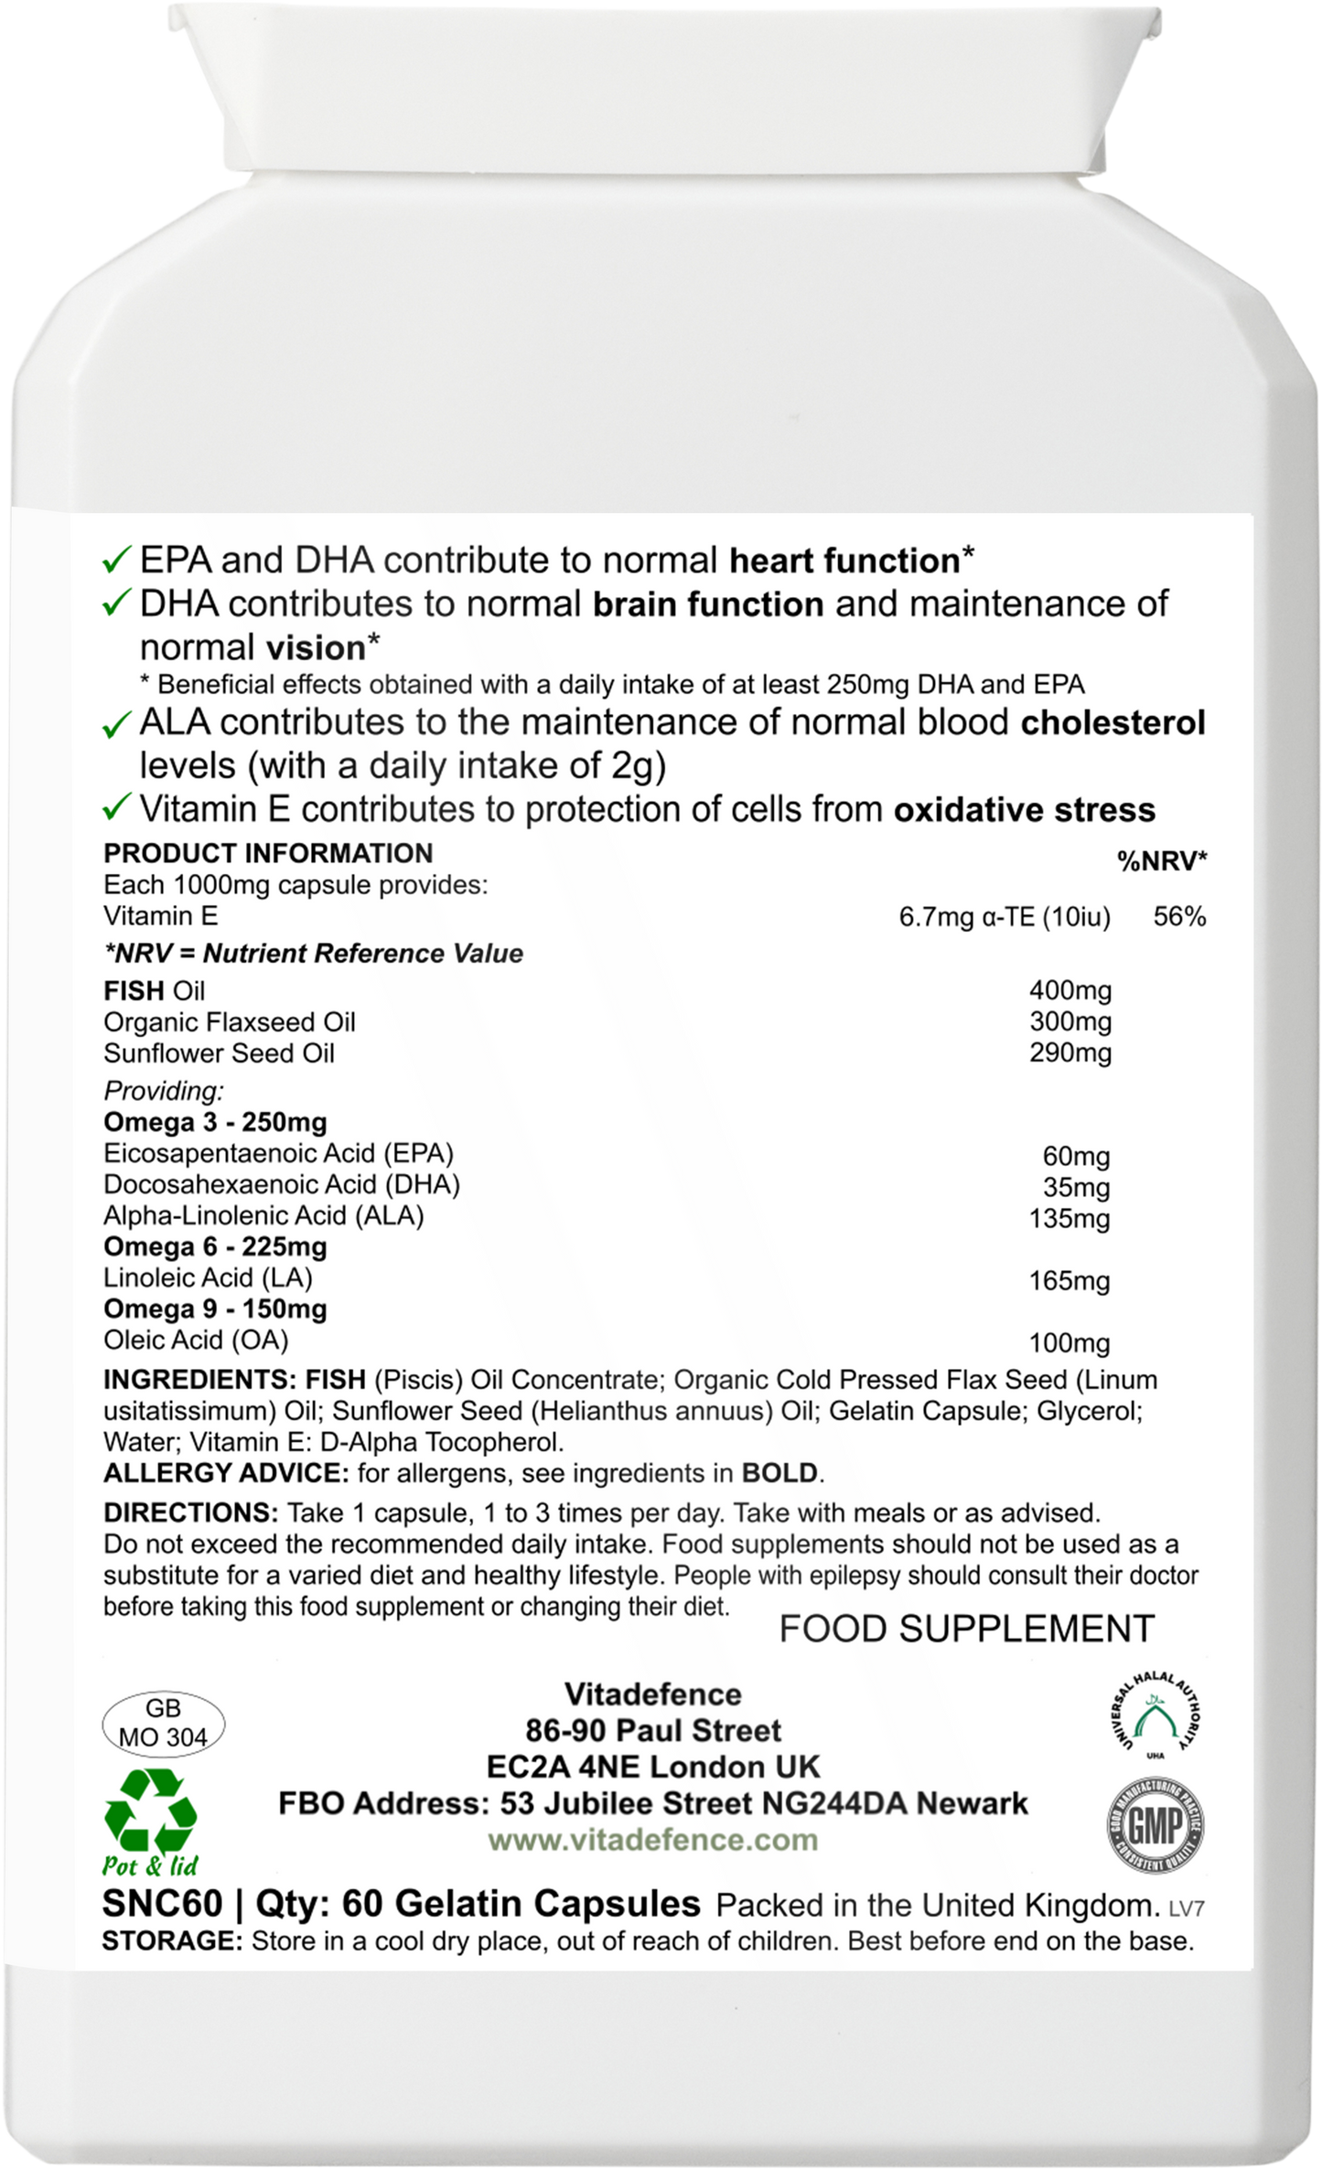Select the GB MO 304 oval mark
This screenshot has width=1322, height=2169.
[163, 1723]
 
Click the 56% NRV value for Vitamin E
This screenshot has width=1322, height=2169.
[1179, 916]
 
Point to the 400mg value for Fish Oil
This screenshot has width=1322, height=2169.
[1069, 990]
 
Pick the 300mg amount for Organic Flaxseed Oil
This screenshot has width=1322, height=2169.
[1069, 1021]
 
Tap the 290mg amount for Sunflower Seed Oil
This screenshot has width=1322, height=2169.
[1069, 1052]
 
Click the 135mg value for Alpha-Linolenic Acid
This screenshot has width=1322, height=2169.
[1069, 1218]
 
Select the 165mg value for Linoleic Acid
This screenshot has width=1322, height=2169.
[1069, 1280]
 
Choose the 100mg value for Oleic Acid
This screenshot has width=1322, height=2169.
[1069, 1342]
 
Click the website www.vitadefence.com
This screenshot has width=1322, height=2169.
[652, 1839]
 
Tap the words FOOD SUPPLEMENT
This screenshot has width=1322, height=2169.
[966, 1629]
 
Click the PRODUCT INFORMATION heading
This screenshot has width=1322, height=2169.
[268, 853]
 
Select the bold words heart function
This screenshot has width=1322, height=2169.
[844, 561]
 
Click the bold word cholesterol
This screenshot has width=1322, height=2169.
[1112, 722]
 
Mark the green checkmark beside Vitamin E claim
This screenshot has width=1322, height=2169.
[118, 809]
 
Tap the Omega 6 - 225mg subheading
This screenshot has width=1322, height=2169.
[215, 1246]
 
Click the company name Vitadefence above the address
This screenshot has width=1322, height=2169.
[652, 1694]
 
